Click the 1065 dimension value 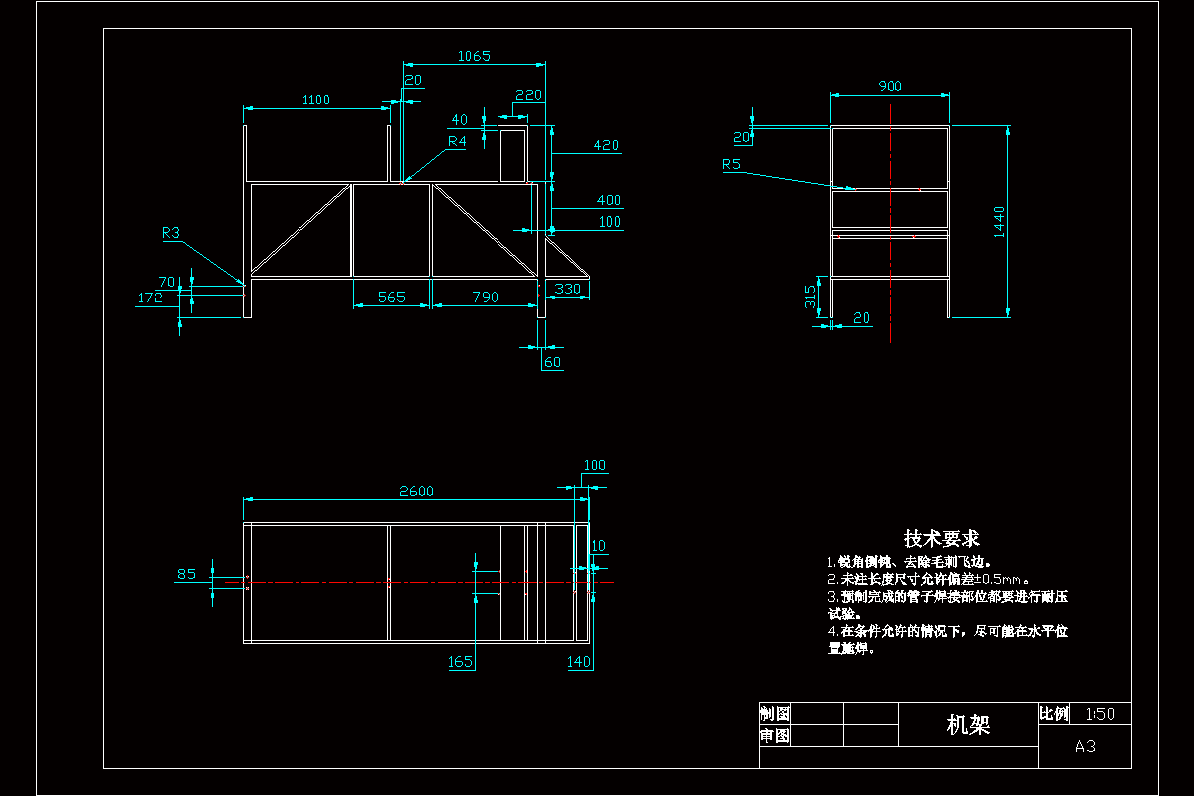click(474, 57)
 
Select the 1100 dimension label click(316, 99)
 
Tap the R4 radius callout click(456, 142)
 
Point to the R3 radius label click(171, 233)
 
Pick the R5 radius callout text click(732, 165)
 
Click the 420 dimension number click(606, 146)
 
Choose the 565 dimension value click(392, 297)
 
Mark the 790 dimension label click(484, 297)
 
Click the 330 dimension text click(567, 289)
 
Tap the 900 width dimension click(890, 87)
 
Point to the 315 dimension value click(811, 295)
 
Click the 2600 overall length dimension click(416, 491)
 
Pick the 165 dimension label click(461, 662)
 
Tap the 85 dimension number click(186, 574)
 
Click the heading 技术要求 click(941, 539)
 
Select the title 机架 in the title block click(968, 725)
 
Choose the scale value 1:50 click(1100, 714)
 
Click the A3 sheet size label click(1085, 746)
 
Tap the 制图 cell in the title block click(775, 714)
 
